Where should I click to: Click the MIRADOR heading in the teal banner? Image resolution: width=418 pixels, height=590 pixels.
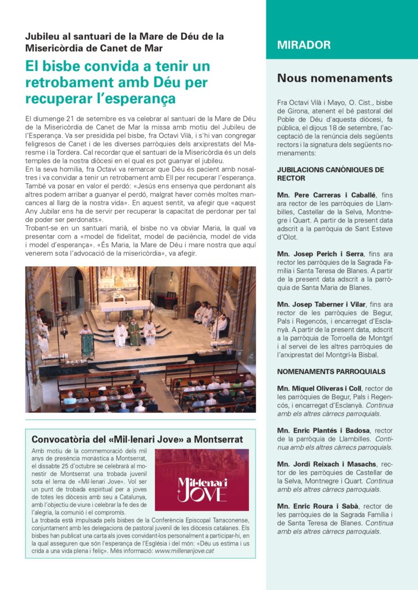pos(304,45)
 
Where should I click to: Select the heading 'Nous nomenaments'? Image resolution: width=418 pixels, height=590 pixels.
pos(334,78)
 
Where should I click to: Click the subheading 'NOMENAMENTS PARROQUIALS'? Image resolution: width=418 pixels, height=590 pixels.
pos(331,372)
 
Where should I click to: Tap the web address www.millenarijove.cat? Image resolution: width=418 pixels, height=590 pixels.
pos(184,550)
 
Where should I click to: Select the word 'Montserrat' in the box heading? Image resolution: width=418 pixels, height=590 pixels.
pos(224,439)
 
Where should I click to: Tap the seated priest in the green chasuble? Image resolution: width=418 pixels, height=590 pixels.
pos(134,332)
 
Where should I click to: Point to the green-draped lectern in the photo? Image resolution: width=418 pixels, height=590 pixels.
pos(88,344)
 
